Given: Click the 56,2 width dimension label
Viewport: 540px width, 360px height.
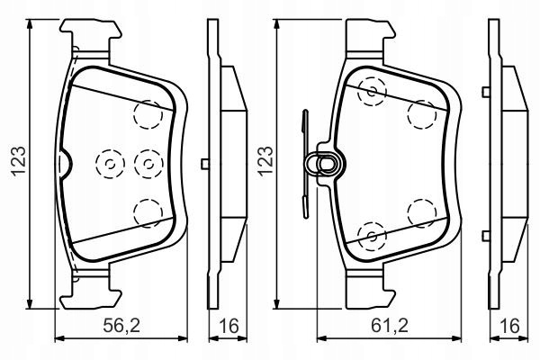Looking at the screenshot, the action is [121, 326].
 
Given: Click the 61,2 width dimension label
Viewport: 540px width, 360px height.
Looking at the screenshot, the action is [390, 326].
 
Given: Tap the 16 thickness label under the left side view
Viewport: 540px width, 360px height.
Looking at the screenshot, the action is [229, 326].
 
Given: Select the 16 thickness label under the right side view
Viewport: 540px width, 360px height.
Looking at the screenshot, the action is [510, 326].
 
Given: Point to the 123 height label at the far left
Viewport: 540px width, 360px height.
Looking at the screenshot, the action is [18, 161].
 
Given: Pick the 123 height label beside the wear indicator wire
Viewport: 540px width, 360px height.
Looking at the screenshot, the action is [265, 161].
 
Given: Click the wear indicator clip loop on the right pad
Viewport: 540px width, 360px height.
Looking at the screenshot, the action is [324, 164].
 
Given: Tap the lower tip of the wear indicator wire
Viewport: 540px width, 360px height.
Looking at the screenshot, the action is [306, 217].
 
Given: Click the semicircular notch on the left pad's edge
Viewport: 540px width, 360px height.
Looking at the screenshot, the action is [66, 164].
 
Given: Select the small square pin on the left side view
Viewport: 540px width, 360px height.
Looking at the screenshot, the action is [205, 164].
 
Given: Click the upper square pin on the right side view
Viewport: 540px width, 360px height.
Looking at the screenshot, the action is [486, 92].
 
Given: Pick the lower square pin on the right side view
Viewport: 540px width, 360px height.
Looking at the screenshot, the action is [486, 236].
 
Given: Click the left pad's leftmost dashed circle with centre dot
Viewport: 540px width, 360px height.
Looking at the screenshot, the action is [110, 164].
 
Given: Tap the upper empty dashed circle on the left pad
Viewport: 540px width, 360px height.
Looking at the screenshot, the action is [148, 114].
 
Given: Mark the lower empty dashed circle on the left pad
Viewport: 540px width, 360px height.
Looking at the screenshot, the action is [148, 213].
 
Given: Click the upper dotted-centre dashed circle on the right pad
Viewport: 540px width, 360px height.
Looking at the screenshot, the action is [372, 92].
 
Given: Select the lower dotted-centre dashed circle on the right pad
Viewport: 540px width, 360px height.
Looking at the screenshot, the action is [372, 236].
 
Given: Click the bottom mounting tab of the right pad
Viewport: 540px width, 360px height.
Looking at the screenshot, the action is [370, 290].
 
